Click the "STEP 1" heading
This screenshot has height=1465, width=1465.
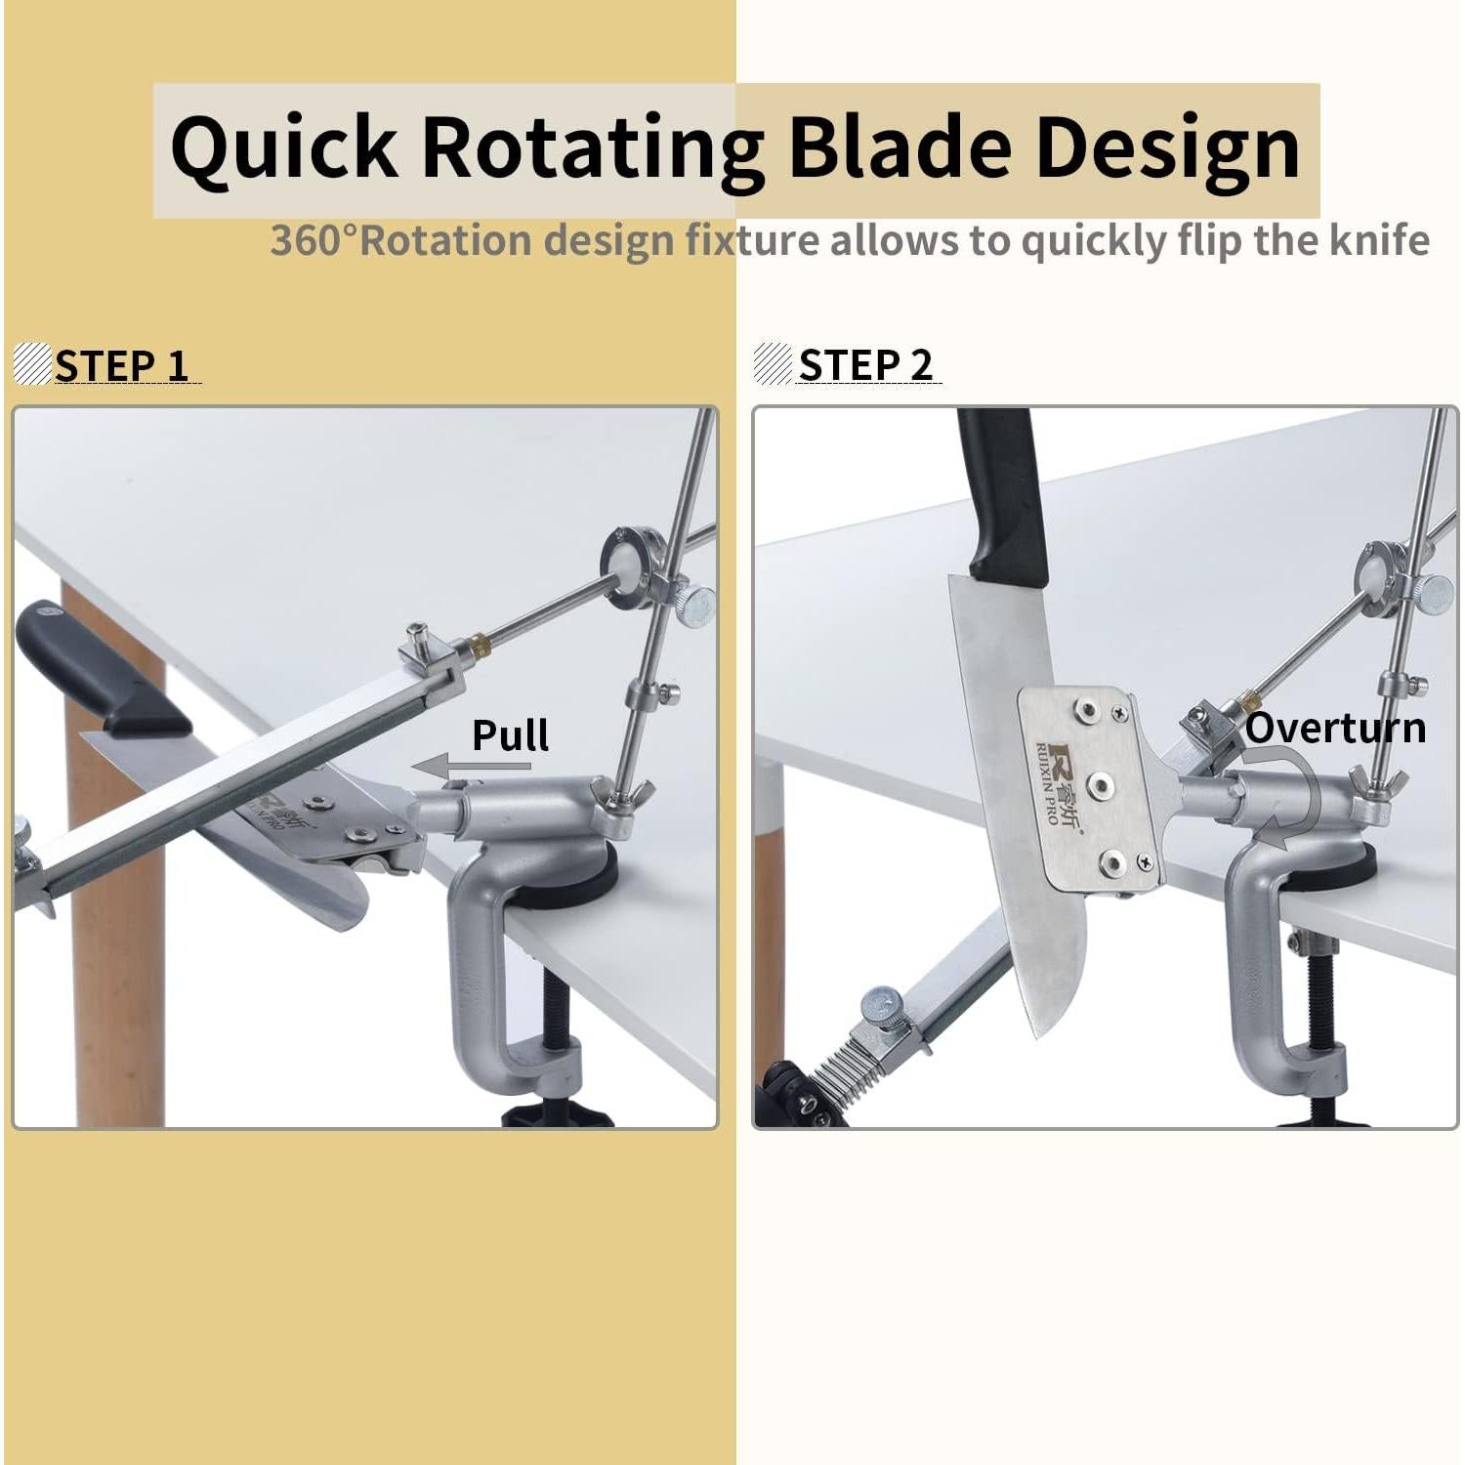coord(121,365)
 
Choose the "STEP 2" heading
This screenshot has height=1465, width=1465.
coord(865,365)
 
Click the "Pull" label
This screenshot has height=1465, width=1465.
coord(510,735)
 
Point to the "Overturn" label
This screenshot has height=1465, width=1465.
coord(1335,729)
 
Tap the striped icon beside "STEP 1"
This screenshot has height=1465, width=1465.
coord(32,363)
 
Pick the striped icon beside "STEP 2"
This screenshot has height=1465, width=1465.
coord(774,363)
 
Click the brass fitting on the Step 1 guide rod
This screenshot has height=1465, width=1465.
coord(478,644)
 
